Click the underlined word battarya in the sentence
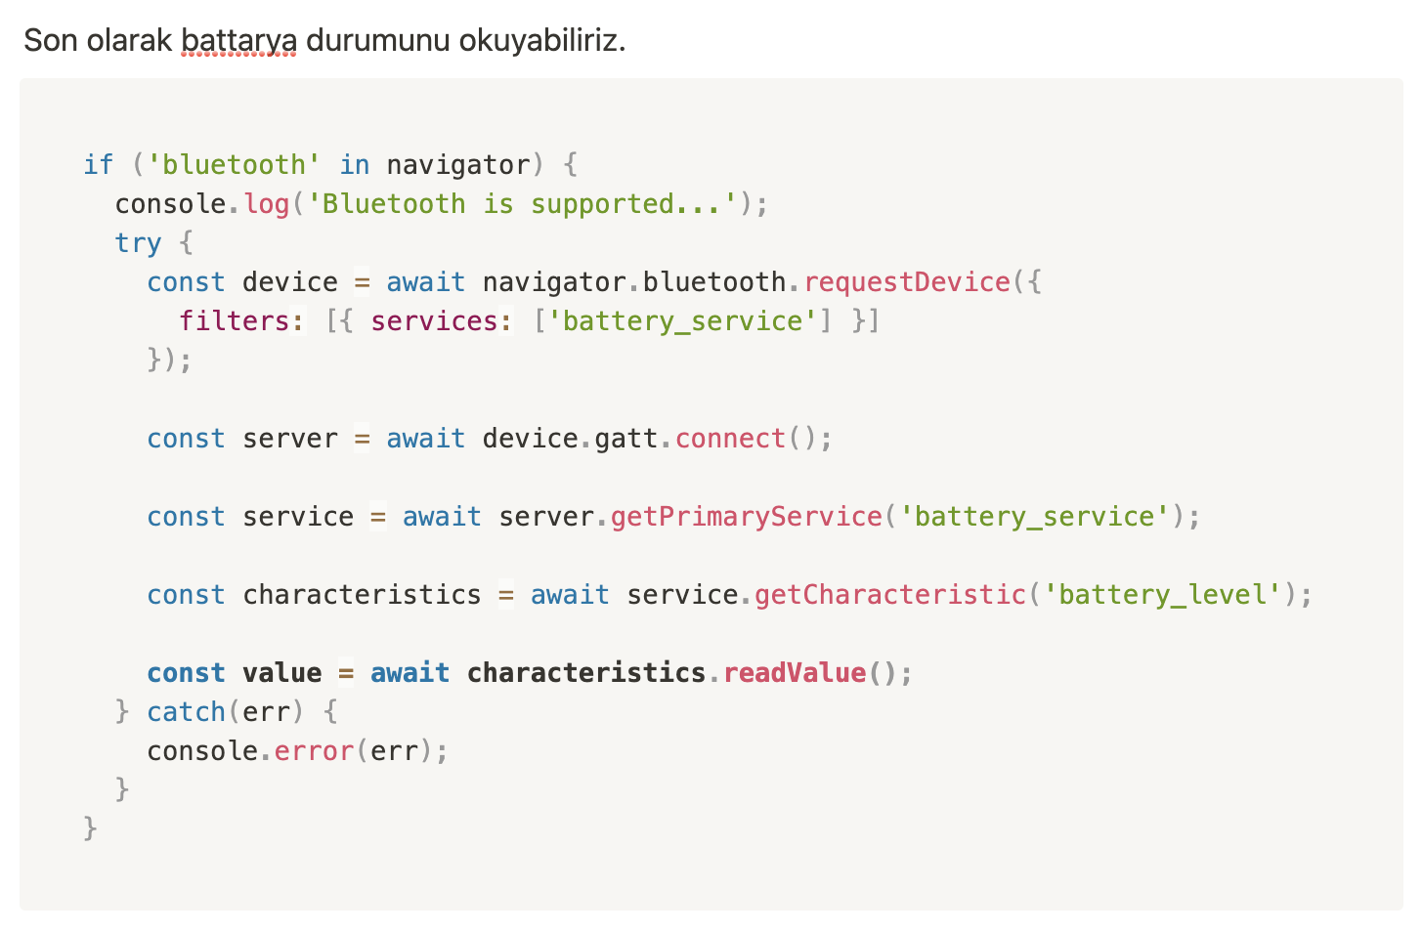point(238,41)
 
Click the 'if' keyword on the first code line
point(99,164)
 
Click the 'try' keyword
point(138,242)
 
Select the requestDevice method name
point(906,281)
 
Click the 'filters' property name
point(235,320)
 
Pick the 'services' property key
point(434,320)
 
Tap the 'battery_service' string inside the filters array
point(682,320)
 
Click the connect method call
point(730,438)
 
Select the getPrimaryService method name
point(746,516)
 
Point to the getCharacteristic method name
point(889,594)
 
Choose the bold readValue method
point(794,672)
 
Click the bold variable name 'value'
point(281,672)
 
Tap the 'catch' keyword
point(186,711)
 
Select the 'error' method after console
point(313,750)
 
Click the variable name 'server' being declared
point(289,438)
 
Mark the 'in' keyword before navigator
point(354,164)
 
